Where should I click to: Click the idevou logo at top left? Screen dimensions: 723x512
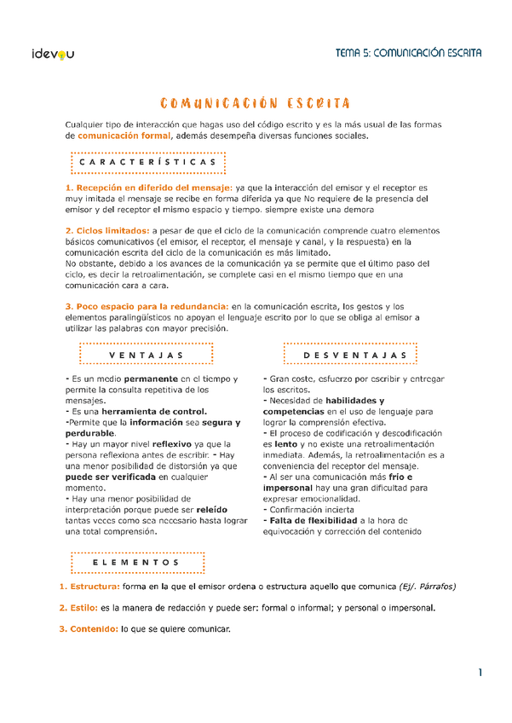tap(52, 54)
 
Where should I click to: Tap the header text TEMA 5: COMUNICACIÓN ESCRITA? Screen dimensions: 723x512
tap(409, 53)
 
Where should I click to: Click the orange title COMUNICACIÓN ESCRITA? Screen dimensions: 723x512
tap(256, 104)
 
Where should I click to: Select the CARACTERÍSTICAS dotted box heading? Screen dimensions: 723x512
tap(147, 162)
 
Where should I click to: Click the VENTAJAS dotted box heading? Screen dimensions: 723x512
tap(147, 354)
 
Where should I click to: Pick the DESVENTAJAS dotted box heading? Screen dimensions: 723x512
tap(349, 354)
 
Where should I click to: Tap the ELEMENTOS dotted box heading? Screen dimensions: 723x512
tap(136, 563)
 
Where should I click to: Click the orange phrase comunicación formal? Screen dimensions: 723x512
tap(124, 136)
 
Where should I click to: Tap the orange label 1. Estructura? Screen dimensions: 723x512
tap(89, 587)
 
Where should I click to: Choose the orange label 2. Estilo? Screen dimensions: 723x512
tap(78, 608)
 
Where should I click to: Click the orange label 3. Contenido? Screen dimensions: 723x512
tap(89, 629)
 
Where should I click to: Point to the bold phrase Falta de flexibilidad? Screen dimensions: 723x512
tap(311, 520)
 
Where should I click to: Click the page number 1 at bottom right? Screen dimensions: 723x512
tap(480, 673)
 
